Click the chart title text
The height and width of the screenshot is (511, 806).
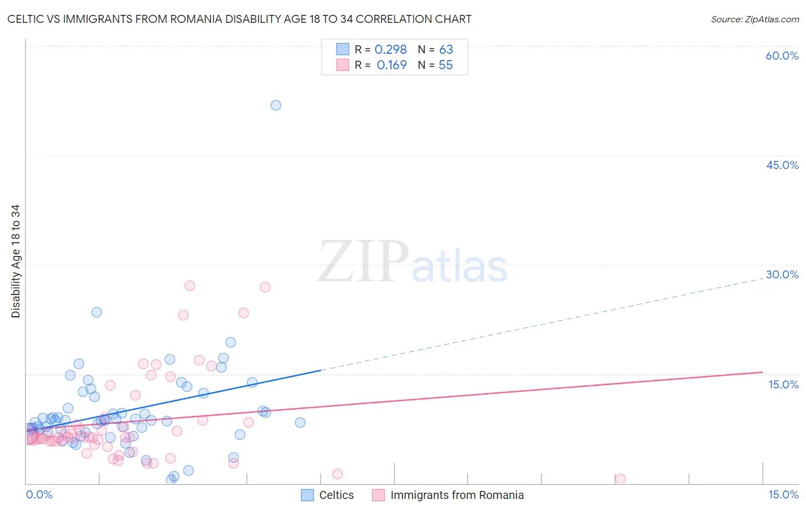[x=239, y=19]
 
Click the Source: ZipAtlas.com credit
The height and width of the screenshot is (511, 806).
[x=754, y=19]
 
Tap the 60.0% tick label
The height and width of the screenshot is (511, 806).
[x=782, y=56]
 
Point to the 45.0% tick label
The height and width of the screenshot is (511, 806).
[x=782, y=165]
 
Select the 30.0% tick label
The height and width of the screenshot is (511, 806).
[x=782, y=274]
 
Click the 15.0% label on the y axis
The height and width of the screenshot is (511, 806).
[x=783, y=384]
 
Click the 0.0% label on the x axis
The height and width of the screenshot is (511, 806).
[x=39, y=494]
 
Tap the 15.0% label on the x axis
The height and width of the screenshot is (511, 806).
[x=783, y=494]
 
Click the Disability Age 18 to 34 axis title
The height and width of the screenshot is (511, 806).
[x=15, y=261]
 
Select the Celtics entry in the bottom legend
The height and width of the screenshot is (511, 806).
[x=336, y=495]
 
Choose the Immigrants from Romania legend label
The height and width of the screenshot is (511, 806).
[x=457, y=495]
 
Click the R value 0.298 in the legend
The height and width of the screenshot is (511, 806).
[x=390, y=50]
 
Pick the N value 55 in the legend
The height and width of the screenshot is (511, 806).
[x=445, y=65]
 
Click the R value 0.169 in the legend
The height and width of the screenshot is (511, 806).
[x=392, y=65]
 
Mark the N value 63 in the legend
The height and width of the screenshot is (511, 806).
[x=446, y=50]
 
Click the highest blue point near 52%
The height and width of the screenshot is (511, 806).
[x=276, y=105]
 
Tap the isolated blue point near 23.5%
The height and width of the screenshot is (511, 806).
[x=97, y=312]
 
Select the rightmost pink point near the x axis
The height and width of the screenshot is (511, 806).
[x=620, y=479]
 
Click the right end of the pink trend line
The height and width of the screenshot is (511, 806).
[x=762, y=372]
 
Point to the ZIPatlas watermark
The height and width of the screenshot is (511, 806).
[x=413, y=262]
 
